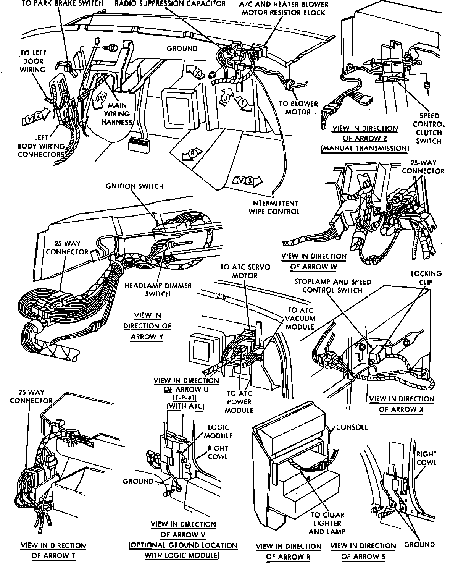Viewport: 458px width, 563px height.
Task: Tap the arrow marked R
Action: pyautogui.click(x=191, y=154)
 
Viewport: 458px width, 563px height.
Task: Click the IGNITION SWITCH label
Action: pyautogui.click(x=134, y=186)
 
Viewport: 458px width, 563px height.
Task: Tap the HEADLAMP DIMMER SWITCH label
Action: pyautogui.click(x=158, y=290)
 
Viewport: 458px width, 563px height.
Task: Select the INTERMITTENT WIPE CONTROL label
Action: pyautogui.click(x=274, y=207)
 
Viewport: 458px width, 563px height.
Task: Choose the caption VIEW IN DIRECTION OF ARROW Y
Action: pyautogui.click(x=147, y=326)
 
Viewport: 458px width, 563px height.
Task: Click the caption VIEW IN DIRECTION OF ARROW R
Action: pyautogui.click(x=289, y=551)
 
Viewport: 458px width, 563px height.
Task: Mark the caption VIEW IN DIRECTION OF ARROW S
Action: pyautogui.click(x=363, y=551)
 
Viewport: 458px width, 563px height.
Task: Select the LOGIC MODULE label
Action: pyautogui.click(x=218, y=431)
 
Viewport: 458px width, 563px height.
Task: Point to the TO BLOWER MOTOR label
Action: pyautogui.click(x=298, y=108)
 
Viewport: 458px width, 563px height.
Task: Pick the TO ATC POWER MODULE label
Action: pyautogui.click(x=239, y=402)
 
